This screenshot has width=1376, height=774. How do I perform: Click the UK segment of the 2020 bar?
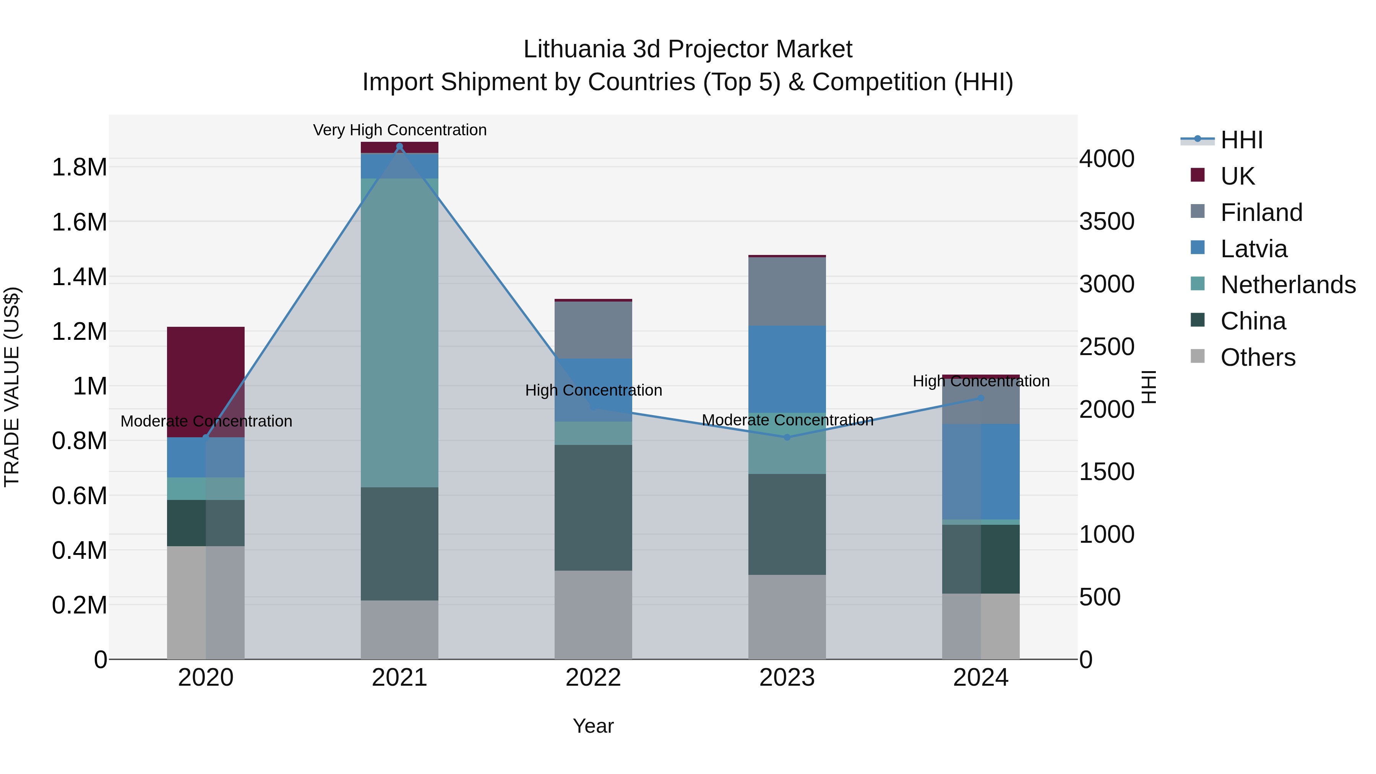(x=206, y=381)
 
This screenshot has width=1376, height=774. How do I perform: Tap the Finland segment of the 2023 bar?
(x=787, y=292)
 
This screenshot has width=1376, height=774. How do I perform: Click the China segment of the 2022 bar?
(x=593, y=508)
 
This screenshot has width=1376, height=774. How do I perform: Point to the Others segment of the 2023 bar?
(x=787, y=617)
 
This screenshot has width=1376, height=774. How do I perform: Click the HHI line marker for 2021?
(x=399, y=146)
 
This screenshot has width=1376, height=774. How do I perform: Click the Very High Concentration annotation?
(x=399, y=130)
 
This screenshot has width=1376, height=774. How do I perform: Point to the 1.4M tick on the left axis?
(x=79, y=277)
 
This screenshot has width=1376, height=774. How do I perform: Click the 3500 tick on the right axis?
(x=1106, y=221)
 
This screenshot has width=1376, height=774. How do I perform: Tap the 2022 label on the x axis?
(x=593, y=678)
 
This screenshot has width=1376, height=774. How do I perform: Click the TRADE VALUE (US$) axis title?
(x=12, y=387)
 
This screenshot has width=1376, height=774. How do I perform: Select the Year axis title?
(x=593, y=726)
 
